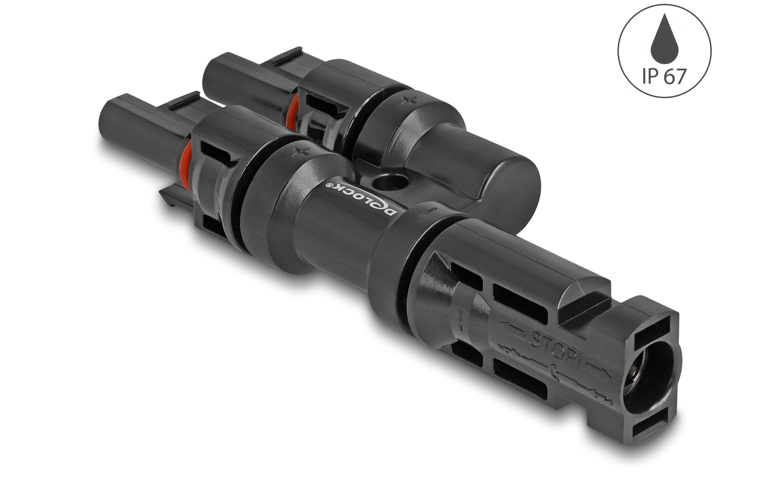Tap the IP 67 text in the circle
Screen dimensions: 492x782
point(664,77)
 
